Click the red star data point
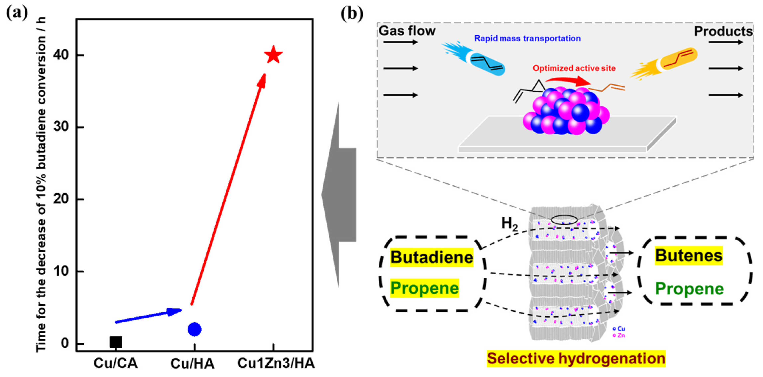point(273,55)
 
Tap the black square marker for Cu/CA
point(116,342)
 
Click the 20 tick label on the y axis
point(61,199)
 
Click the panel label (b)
point(352,14)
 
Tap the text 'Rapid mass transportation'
point(527,38)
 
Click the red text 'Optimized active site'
point(574,68)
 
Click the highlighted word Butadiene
point(431,257)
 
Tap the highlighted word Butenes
point(689,256)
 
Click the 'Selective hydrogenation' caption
point(576,358)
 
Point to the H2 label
point(509,224)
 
